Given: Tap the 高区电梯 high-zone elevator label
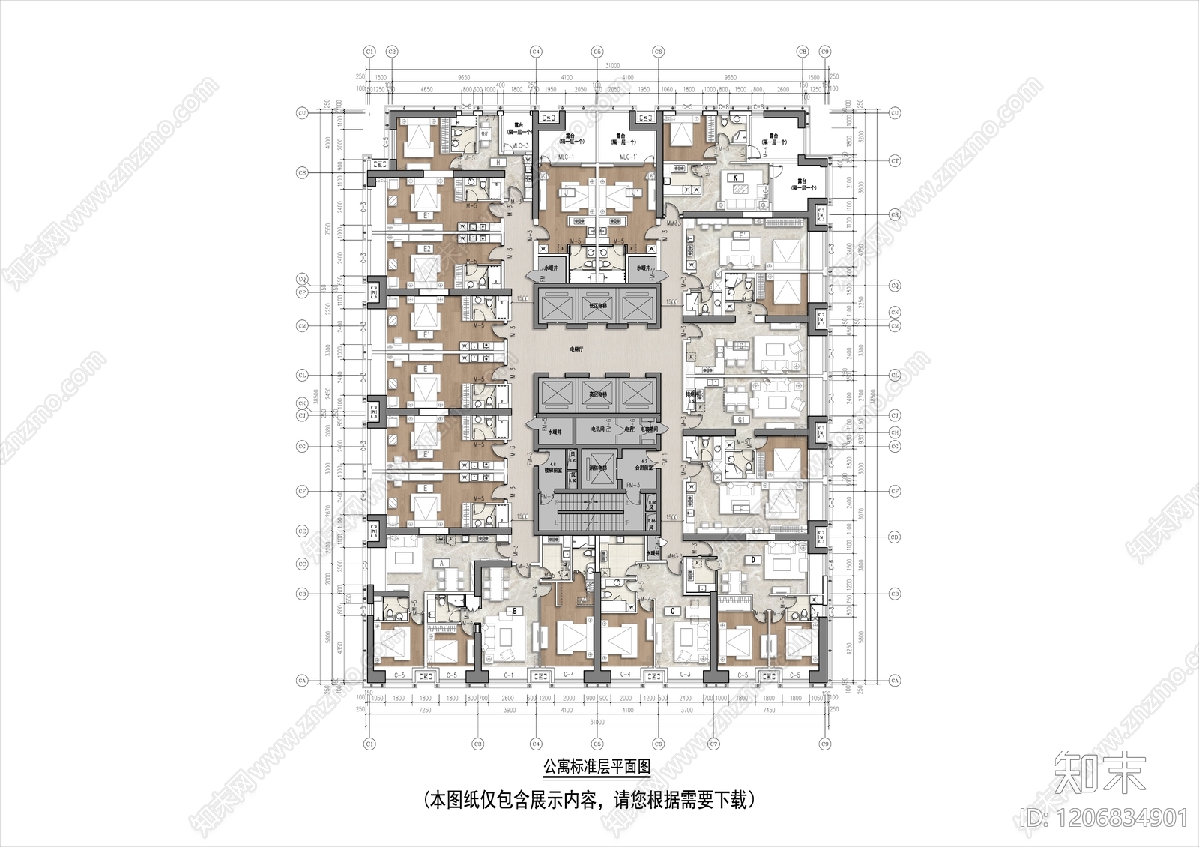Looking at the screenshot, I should [597, 394].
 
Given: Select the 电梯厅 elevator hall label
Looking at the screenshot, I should [576, 349].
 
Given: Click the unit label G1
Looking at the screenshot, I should [741, 421].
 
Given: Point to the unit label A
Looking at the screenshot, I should [443, 561].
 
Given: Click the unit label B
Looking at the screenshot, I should [516, 611].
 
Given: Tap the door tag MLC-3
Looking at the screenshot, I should [520, 145].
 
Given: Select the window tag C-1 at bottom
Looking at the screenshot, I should [509, 675].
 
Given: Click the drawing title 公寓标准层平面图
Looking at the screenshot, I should [597, 768].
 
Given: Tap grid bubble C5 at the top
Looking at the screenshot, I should [597, 52].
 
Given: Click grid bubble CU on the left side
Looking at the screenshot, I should [303, 113].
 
